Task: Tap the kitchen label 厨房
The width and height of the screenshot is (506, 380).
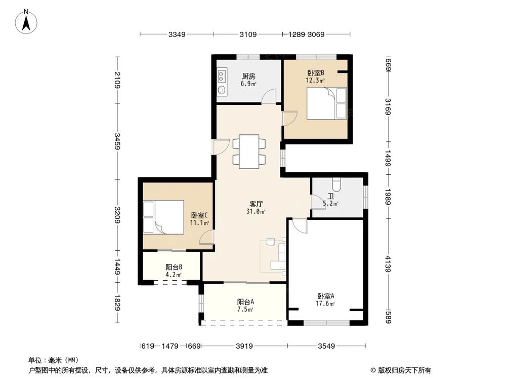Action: point(248,77)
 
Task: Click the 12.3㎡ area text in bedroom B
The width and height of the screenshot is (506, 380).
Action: point(315,80)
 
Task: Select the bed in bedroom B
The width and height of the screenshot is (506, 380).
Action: point(327,103)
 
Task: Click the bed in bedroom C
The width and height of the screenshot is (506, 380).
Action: point(163,216)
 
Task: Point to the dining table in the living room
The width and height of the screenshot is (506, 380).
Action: point(249,151)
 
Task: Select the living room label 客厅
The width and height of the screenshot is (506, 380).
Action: point(256,204)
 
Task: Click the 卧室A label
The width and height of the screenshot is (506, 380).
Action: point(326,296)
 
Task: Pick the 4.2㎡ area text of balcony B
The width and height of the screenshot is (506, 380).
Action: point(174,275)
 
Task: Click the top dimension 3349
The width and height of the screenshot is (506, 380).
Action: point(178,34)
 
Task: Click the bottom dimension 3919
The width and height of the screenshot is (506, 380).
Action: point(244,347)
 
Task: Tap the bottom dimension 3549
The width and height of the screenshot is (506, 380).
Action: point(326,347)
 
